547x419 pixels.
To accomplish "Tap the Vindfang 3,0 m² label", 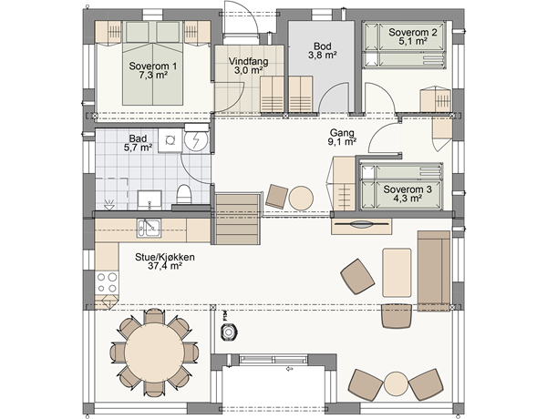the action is click(248, 66).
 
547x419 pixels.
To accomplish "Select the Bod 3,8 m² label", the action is click(322, 50).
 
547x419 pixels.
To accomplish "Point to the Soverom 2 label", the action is click(413, 36).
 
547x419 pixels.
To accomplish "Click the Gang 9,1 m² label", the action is click(342, 137).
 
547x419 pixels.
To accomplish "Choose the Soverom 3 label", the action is click(408, 194).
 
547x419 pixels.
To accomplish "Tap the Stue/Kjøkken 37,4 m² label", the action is click(165, 261).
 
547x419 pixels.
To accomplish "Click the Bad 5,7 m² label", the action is click(138, 143).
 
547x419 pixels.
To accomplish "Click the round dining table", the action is click(154, 353).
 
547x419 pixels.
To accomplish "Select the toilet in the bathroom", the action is click(184, 194).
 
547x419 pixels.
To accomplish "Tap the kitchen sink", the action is click(149, 228).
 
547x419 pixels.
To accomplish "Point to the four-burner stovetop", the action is click(107, 282).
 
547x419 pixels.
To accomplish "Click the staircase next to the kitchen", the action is click(237, 219).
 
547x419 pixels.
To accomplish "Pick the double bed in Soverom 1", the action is click(152, 63).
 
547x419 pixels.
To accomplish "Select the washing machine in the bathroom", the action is click(170, 140).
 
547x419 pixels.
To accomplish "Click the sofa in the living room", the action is click(434, 271).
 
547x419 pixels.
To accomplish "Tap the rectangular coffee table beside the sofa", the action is click(397, 272).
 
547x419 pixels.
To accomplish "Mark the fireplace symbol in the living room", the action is click(229, 332).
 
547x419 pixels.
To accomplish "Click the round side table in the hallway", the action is click(301, 199).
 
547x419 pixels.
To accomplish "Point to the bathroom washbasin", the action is click(150, 200).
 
